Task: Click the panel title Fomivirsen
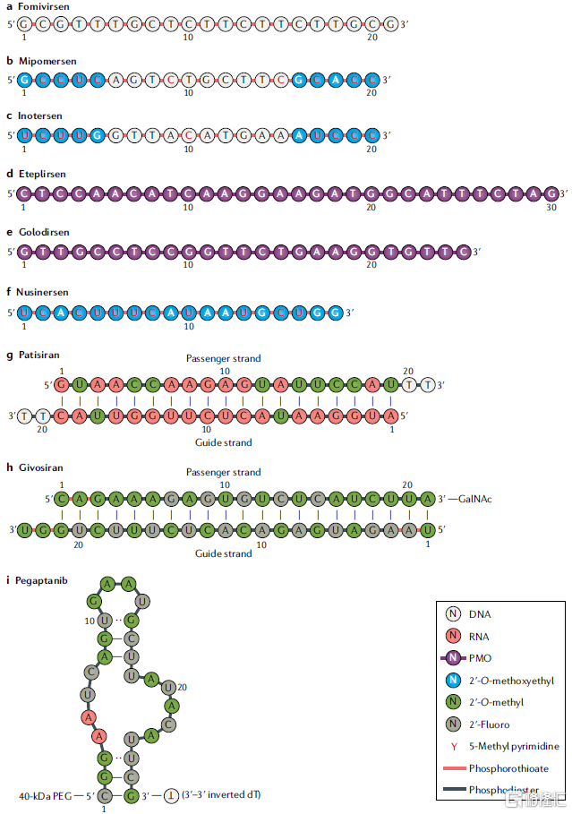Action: tap(46, 5)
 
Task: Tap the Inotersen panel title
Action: tap(44, 116)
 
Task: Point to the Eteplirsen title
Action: tap(45, 174)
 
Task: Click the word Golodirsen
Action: tap(47, 232)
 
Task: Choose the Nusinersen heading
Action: tap(47, 292)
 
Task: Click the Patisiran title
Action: tap(42, 356)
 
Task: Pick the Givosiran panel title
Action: tap(43, 467)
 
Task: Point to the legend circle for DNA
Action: tap(453, 615)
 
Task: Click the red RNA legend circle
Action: tap(453, 637)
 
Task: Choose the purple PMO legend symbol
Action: tap(453, 659)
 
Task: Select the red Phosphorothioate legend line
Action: tap(453, 768)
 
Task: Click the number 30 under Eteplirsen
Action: tap(551, 208)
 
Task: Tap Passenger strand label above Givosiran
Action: tap(223, 472)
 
